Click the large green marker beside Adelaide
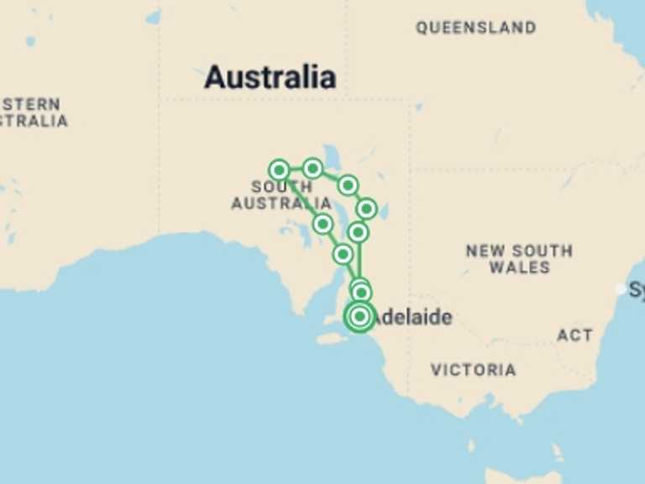[x=359, y=317]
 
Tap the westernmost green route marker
[x=279, y=170]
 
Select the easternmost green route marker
[x=366, y=208]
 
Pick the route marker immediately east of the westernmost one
[x=312, y=169]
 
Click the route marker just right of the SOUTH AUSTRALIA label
[x=322, y=224]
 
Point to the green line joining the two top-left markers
[x=296, y=169]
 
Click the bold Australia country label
[x=270, y=77]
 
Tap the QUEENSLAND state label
[x=475, y=28]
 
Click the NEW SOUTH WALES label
[x=519, y=259]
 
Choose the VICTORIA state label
[x=474, y=370]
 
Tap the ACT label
[x=574, y=335]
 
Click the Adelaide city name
[x=412, y=318]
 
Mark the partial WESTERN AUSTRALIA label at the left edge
[x=32, y=113]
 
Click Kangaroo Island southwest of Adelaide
[x=333, y=338]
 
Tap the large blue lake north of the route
[x=333, y=156]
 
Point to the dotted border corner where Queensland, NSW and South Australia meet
[x=410, y=168]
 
